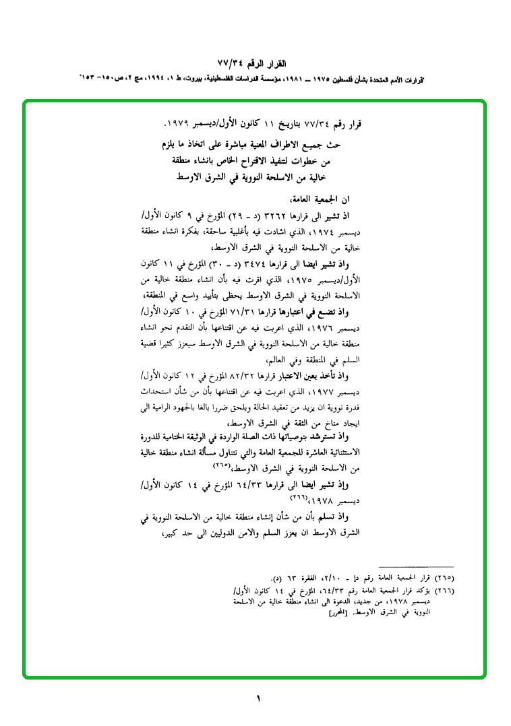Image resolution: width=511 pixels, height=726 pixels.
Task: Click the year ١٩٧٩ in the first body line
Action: (177, 125)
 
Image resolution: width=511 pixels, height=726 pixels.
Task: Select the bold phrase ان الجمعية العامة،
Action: (316, 200)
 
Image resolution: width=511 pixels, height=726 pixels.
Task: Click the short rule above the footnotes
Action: (417, 568)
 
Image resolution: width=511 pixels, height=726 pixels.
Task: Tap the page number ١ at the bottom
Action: (258, 698)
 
